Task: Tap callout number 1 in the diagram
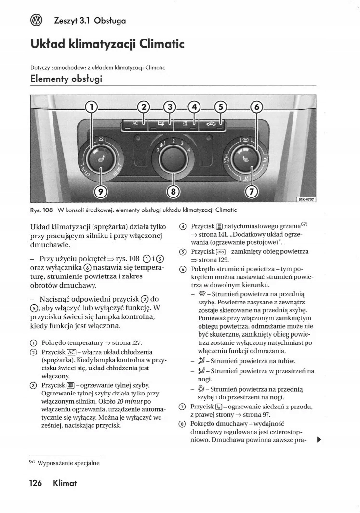92,107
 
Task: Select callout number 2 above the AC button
144,107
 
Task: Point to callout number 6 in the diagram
257,107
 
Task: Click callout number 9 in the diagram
100,192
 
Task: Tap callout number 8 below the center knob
174,192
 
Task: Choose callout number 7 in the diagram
252,192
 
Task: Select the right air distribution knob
246,157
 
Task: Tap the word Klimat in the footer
65,483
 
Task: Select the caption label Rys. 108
41,210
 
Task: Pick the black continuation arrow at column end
318,439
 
